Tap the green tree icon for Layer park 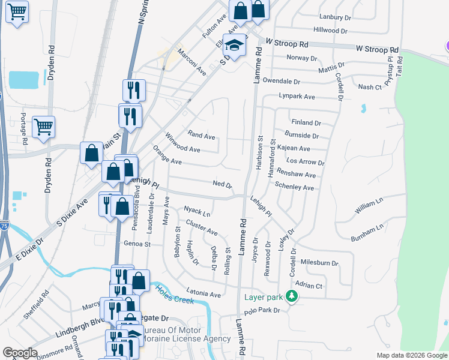click(x=292, y=296)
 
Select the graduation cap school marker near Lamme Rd click(x=233, y=44)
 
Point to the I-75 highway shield click(x=4, y=226)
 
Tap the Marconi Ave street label click(x=192, y=62)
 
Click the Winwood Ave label click(x=182, y=143)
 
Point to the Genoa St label click(x=136, y=244)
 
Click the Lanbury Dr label click(x=334, y=17)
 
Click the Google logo click(x=20, y=353)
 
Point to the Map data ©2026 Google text click(x=411, y=355)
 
